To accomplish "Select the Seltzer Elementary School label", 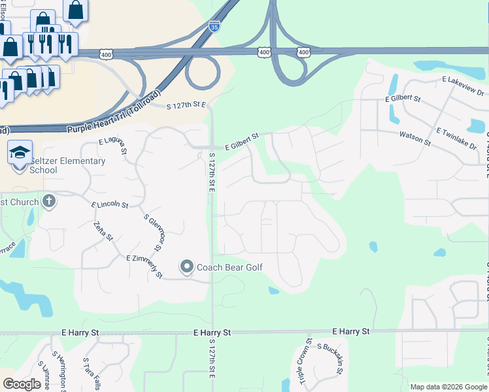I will [x=67, y=165].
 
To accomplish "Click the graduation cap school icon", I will [x=20, y=152].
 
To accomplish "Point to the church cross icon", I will [x=48, y=201].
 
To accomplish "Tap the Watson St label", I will [x=415, y=137].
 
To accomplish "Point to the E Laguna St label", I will [x=113, y=146].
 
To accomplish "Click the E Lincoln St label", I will [x=110, y=204].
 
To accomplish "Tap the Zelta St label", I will [x=100, y=231].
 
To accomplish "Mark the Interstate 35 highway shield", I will [x=214, y=26].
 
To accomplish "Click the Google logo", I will [x=22, y=384].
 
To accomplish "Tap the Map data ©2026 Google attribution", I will [x=448, y=387].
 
